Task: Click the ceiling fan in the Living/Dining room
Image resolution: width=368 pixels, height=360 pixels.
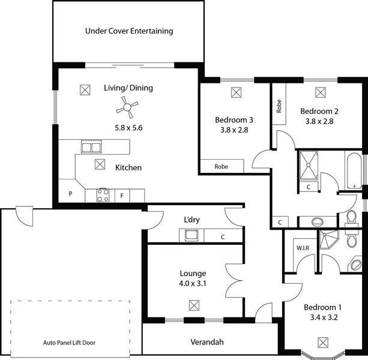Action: point(127,108)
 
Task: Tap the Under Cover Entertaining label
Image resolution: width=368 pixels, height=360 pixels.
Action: point(129,31)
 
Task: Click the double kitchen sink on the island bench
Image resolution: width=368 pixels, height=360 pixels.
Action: point(91,147)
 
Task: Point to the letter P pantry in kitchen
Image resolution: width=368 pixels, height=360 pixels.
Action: point(70,194)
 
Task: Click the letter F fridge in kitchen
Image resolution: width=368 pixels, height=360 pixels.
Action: point(122,195)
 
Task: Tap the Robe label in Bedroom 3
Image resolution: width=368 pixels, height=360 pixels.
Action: point(221,167)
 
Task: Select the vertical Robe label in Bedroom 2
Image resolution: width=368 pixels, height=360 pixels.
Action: point(279,106)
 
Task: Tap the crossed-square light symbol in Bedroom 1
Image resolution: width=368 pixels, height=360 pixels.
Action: point(324,342)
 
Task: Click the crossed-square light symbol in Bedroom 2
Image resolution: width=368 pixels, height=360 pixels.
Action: point(321,92)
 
